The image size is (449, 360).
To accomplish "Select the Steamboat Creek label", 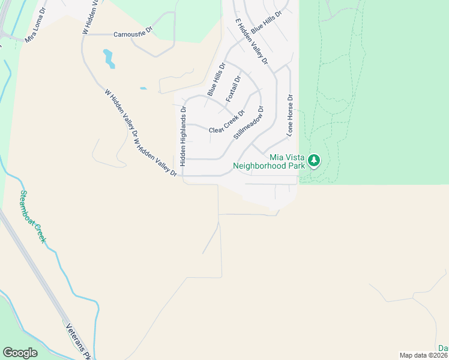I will point(33,216).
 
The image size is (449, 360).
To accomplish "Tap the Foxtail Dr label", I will point(233,89).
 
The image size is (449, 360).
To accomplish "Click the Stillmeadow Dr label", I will point(249,123).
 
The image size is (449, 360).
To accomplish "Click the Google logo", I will point(20,353).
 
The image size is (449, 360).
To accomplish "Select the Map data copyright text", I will point(424,355).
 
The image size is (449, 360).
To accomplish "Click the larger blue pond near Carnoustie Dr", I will point(109,58).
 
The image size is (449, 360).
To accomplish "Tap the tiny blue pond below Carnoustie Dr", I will point(143,89).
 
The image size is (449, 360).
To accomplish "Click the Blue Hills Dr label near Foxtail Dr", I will point(216,79).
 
